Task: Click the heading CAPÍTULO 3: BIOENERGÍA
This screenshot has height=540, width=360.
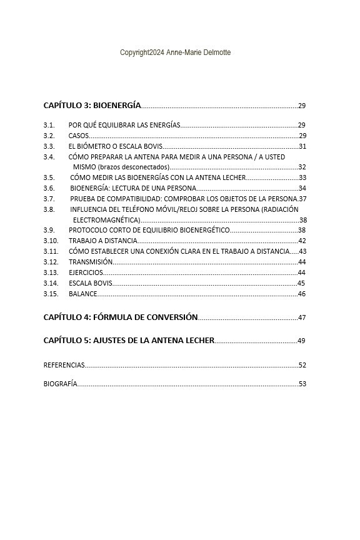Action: [92, 106]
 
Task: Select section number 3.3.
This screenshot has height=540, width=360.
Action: [49, 146]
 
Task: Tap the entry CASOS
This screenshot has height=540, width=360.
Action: [79, 136]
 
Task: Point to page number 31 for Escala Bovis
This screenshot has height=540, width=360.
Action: [302, 146]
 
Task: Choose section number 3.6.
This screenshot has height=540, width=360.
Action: [49, 188]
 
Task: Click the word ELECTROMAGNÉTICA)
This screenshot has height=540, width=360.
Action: [106, 220]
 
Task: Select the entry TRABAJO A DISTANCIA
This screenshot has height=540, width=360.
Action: [102, 241]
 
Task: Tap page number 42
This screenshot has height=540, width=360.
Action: [302, 241]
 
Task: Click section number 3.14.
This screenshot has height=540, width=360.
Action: [51, 283]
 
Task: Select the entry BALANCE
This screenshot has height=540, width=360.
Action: [83, 294]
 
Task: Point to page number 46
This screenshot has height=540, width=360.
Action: [301, 294]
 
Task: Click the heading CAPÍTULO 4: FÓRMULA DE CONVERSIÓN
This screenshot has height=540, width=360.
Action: [121, 317]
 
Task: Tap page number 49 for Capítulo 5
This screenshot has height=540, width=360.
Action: [301, 341]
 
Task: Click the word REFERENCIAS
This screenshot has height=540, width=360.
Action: [64, 365]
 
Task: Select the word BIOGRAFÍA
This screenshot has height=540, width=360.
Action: [61, 384]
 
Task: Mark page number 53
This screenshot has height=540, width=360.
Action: [302, 384]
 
